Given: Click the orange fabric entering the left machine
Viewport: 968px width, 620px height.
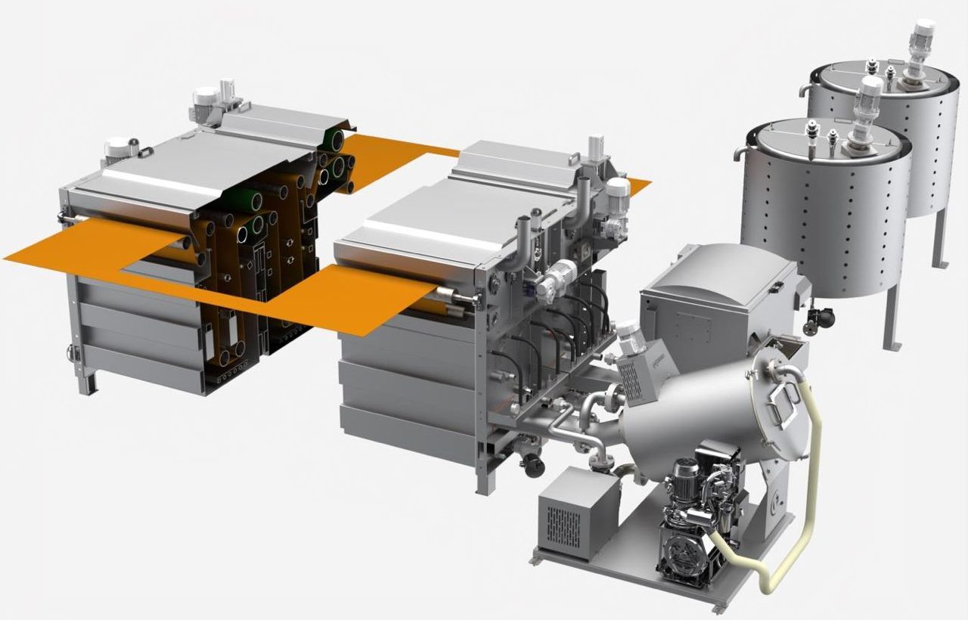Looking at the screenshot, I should coord(83,246).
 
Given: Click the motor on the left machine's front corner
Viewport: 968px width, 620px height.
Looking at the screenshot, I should coord(117,147).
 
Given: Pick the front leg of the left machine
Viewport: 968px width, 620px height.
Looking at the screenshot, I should coord(88,382).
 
